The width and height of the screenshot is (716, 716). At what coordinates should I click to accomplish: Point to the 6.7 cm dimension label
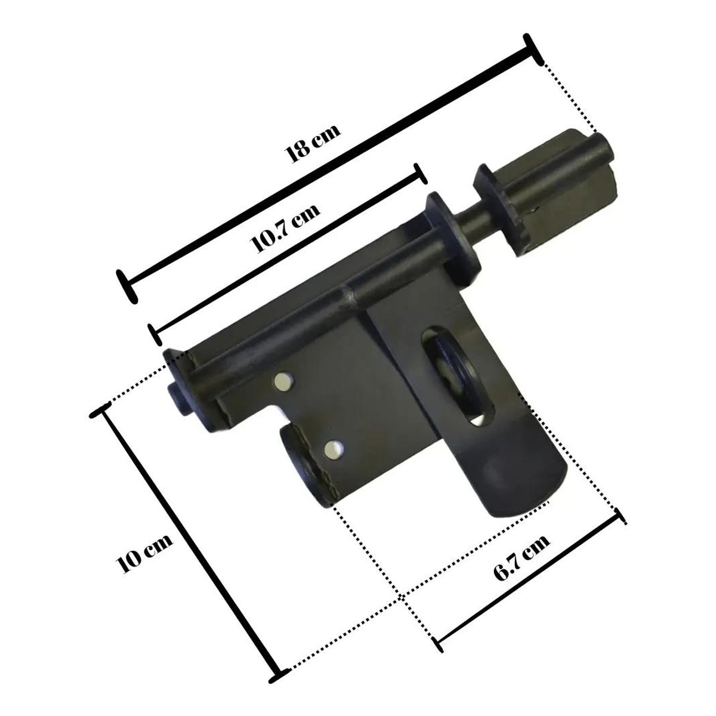pyautogui.click(x=521, y=562)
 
